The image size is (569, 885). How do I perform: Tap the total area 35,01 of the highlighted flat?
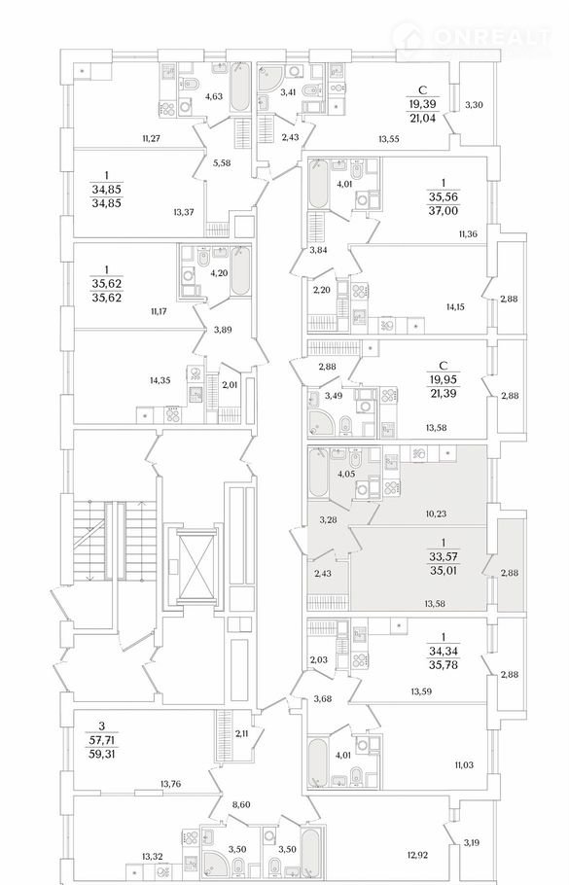pyautogui.click(x=444, y=571)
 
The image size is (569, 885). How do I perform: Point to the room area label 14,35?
pyautogui.click(x=160, y=380)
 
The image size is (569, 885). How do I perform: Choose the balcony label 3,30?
pyautogui.click(x=475, y=104)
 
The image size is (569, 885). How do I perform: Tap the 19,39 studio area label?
pyautogui.click(x=423, y=104)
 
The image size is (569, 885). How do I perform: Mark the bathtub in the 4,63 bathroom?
pyautogui.click(x=239, y=88)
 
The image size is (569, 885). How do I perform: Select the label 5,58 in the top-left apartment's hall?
pyautogui.click(x=222, y=162)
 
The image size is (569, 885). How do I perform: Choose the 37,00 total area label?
pyautogui.click(x=444, y=211)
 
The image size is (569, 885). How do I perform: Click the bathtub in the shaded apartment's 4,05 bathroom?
pyautogui.click(x=318, y=473)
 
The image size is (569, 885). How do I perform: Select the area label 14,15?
pyautogui.click(x=455, y=307)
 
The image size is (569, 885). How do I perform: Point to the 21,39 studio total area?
pyautogui.click(x=444, y=392)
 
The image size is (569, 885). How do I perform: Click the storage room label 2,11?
pyautogui.click(x=241, y=733)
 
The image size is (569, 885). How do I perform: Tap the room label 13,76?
pyautogui.click(x=170, y=784)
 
